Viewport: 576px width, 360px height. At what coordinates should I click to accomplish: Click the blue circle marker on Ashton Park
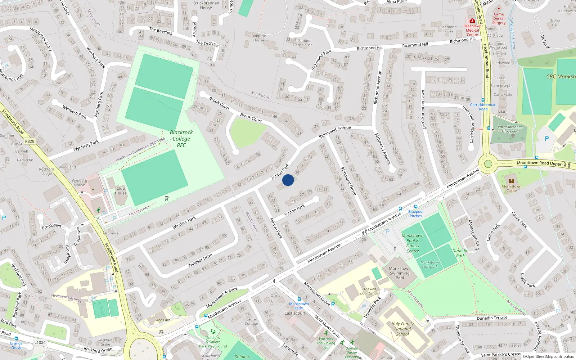point(288,180)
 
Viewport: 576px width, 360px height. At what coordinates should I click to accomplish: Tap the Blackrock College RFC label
point(181,139)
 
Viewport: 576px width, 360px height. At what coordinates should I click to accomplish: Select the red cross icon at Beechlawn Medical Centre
point(472,21)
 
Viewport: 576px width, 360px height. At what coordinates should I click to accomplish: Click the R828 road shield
point(30,141)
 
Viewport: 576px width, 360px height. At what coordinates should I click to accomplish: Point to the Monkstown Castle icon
point(511,181)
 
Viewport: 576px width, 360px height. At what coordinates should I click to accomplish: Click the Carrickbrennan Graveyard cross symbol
point(513,136)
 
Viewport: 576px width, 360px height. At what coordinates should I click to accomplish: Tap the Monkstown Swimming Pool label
point(400,273)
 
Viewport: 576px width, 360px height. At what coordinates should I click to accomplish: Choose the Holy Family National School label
point(402,329)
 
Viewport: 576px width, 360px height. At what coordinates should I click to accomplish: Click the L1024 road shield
point(40,342)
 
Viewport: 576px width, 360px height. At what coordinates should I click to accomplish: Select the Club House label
point(121,190)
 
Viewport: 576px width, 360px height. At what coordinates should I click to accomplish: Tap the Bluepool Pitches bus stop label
point(415,214)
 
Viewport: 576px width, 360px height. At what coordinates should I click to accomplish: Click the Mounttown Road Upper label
point(539,163)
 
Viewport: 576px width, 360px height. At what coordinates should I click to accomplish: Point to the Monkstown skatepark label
point(429,264)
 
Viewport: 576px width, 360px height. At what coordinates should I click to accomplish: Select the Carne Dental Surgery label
point(499,18)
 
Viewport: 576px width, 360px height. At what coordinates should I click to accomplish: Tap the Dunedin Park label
point(460,253)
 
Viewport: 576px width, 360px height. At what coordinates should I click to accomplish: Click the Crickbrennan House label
point(206,5)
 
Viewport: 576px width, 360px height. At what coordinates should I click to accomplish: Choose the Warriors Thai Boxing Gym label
point(326,343)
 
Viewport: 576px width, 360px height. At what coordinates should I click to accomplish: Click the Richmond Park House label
point(303,43)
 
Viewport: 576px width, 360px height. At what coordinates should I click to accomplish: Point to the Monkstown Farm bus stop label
point(299,306)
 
